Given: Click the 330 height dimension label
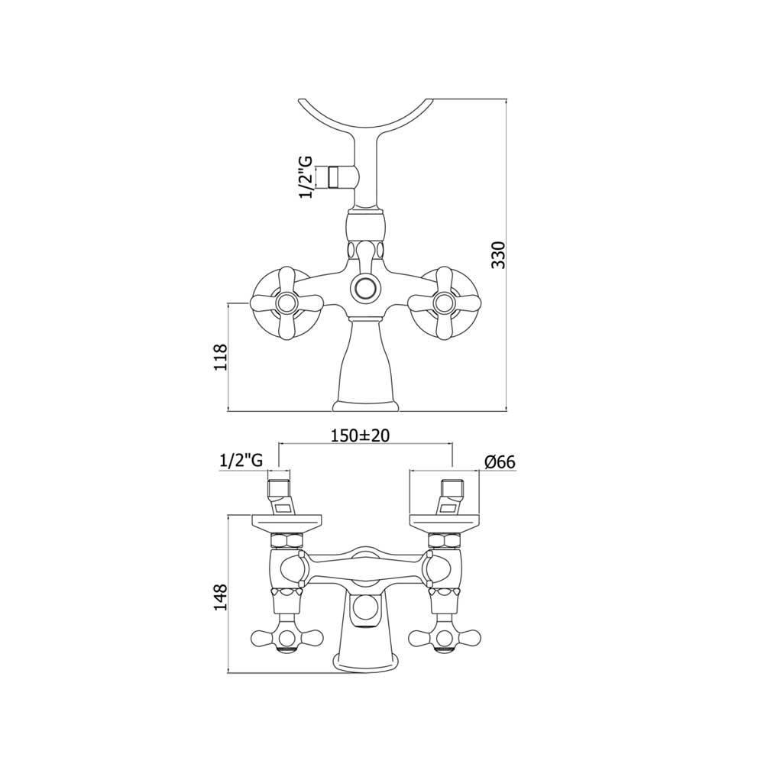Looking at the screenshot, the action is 498,255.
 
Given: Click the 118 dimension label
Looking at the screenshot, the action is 221,357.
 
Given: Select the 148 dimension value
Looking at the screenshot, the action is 221,597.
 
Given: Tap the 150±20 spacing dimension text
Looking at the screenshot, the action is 360,435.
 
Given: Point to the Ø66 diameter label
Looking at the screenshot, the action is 500,461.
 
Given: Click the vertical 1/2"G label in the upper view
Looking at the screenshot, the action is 307,177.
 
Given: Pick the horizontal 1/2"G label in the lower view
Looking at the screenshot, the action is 241,461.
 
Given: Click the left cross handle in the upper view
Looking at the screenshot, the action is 286,303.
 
